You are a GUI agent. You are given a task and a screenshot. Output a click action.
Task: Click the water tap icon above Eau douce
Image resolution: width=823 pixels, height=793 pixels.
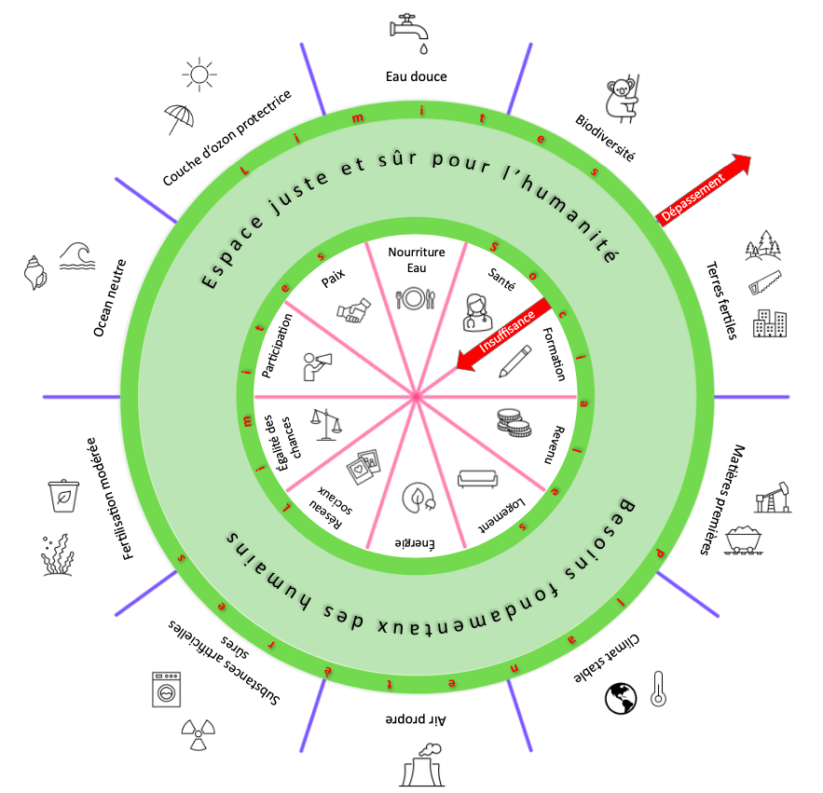[409, 33]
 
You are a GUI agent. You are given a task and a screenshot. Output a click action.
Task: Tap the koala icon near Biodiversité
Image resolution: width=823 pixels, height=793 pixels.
[623, 99]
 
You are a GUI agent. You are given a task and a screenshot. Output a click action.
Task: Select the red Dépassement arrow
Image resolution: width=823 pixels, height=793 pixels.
[704, 190]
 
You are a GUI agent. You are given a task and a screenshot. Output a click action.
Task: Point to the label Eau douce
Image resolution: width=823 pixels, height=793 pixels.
[417, 76]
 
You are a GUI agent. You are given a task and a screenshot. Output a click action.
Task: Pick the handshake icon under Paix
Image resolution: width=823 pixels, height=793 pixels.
[354, 310]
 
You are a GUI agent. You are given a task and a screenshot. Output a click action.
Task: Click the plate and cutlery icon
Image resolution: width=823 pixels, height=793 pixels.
[416, 299]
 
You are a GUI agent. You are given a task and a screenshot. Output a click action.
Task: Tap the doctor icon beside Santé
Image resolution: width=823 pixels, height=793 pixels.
[477, 313]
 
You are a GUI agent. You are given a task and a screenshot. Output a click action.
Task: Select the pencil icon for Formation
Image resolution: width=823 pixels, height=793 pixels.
[514, 361]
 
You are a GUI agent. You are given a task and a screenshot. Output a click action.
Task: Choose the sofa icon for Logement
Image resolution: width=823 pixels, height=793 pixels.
[477, 479]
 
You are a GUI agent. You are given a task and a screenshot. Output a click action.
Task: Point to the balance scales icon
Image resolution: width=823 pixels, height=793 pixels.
[326, 425]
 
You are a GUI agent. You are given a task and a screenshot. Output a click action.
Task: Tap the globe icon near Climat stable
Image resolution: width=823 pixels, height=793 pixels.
[621, 699]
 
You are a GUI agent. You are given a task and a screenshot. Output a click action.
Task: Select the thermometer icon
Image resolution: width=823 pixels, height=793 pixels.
[658, 689]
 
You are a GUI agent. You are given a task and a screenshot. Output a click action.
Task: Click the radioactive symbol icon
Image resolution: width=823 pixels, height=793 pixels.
[198, 734]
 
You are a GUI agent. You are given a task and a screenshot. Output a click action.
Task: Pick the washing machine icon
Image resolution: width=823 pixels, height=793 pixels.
[167, 689]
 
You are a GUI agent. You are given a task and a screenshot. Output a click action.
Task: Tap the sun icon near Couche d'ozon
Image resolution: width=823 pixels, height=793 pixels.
[199, 75]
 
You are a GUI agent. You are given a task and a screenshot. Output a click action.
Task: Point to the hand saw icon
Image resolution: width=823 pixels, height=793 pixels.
[764, 282]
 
